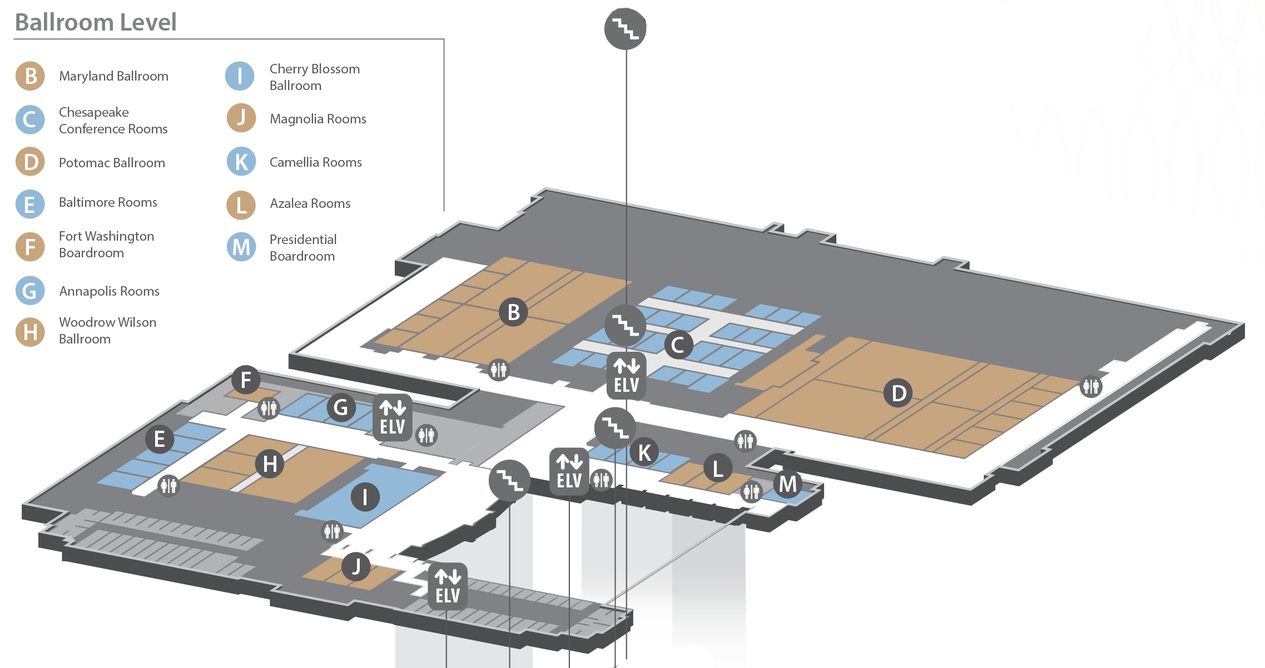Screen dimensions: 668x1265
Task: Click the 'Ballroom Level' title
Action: tap(96, 22)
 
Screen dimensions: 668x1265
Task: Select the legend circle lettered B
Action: tap(30, 76)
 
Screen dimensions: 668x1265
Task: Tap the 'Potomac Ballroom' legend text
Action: tap(112, 163)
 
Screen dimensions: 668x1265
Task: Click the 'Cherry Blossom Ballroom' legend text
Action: tap(314, 77)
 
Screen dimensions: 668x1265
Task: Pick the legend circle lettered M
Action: tap(241, 247)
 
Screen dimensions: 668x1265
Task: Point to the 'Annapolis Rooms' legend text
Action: tap(109, 291)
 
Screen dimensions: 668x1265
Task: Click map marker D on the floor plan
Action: tap(898, 393)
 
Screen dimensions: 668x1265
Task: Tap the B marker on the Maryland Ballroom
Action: tap(513, 312)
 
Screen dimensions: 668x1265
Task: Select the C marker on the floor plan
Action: tap(678, 345)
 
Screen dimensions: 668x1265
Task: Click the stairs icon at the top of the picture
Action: tap(626, 28)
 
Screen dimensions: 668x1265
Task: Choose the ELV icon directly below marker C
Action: tap(627, 376)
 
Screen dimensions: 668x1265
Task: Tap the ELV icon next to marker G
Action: tap(393, 418)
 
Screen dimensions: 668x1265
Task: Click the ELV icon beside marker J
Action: tap(448, 586)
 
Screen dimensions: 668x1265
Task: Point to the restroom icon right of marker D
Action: tap(1090, 386)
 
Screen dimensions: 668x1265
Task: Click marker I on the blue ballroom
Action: tap(365, 497)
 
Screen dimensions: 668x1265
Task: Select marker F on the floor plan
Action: tap(246, 380)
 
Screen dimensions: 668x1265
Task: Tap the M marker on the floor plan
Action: tap(787, 484)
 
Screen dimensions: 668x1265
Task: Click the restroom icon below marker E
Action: tap(168, 485)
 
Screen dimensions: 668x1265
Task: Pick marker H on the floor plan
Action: tap(270, 463)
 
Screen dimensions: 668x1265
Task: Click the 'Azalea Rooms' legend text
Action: tap(310, 204)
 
